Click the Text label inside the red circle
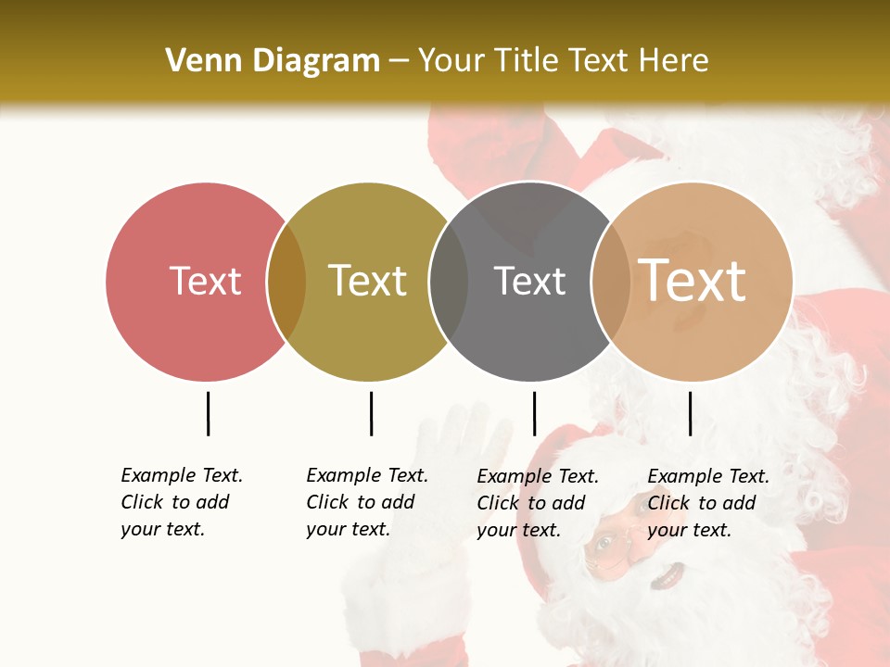[205, 281]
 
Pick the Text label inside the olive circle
[367, 281]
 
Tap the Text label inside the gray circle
[529, 281]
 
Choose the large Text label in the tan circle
[693, 280]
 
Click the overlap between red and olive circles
[286, 282]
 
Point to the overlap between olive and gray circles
[449, 282]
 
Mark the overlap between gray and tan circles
[610, 282]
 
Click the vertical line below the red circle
[208, 413]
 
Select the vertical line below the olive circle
[371, 413]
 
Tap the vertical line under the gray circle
[534, 413]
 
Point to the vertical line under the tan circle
[690, 413]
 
